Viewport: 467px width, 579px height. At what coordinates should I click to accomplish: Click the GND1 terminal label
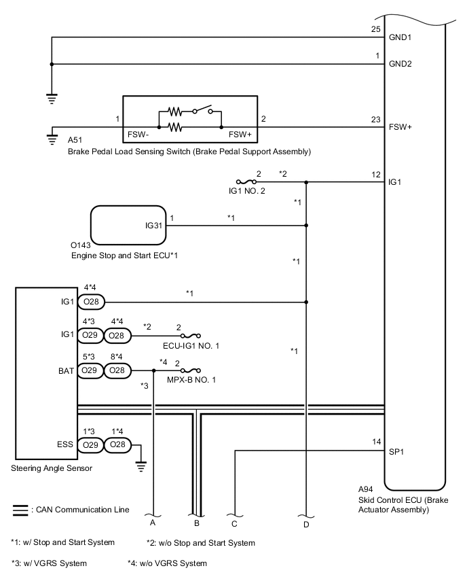(x=400, y=37)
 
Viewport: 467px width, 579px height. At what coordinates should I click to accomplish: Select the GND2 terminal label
(x=400, y=64)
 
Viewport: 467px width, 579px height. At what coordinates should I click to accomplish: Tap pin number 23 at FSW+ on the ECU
(x=375, y=120)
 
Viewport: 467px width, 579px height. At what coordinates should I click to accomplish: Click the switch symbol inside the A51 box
(x=202, y=109)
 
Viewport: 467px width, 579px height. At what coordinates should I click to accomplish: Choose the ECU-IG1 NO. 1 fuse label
(x=191, y=346)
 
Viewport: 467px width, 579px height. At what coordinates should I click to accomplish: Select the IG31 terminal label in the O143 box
(x=153, y=225)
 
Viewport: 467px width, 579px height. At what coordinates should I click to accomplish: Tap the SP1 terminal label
(x=396, y=452)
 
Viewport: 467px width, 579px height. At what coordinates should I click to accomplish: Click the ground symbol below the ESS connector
(x=141, y=466)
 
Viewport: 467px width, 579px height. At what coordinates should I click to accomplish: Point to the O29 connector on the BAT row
(x=90, y=370)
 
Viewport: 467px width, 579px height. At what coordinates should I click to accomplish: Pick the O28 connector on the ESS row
(x=117, y=444)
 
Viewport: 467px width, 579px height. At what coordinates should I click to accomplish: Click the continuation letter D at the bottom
(x=306, y=525)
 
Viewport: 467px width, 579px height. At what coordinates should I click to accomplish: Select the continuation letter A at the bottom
(x=152, y=523)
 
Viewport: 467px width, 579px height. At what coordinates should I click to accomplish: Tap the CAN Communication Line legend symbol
(x=20, y=510)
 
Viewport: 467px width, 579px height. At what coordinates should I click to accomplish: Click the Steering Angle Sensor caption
(x=52, y=468)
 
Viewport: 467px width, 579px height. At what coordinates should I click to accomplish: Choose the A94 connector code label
(x=366, y=489)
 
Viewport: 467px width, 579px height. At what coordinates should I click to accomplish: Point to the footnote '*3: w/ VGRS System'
(x=49, y=563)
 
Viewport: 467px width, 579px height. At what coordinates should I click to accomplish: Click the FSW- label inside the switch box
(x=138, y=135)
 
